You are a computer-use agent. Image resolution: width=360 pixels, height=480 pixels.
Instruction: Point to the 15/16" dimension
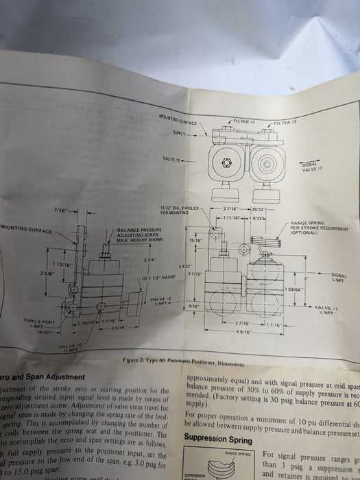[195, 241]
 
